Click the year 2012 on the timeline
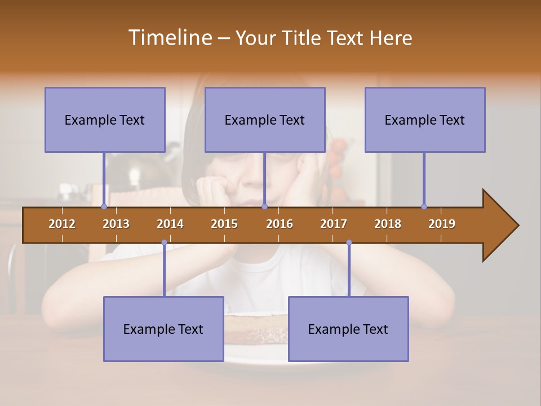[62, 224]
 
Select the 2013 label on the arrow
[116, 224]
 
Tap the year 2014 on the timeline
[170, 224]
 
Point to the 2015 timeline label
[224, 224]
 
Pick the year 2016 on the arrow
[280, 224]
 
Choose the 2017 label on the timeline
[334, 224]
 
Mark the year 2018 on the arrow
[388, 224]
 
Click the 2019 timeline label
[442, 224]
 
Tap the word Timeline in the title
[169, 38]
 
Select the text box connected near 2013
[105, 120]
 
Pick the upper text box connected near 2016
[265, 120]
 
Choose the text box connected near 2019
[425, 120]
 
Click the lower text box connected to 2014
[163, 329]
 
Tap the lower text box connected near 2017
[348, 329]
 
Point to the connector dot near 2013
[104, 206]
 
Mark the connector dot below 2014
[164, 242]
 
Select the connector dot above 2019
[424, 206]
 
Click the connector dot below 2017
[349, 242]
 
